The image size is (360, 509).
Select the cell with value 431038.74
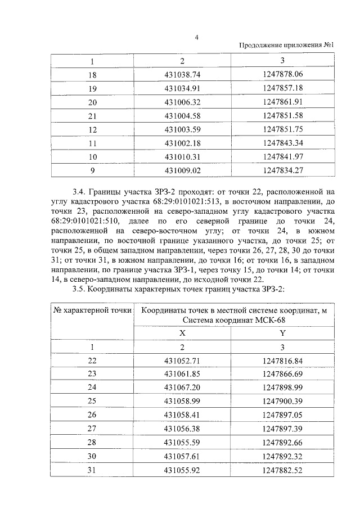pos(182,74)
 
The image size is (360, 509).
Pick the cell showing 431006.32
pos(182,102)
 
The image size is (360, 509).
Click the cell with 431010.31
pos(182,156)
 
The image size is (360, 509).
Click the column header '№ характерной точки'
pos(92,311)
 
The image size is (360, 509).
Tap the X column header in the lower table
pos(182,334)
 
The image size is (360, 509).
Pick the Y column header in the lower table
pos(282,334)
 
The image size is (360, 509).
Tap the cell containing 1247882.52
pos(282,471)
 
